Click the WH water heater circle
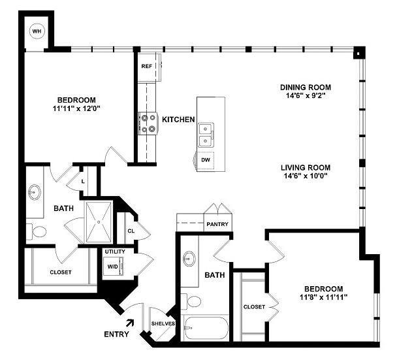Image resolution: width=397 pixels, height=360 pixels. click(36, 31)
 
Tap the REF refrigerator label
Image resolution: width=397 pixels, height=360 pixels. click(146, 67)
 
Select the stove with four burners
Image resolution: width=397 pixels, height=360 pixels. click(148, 123)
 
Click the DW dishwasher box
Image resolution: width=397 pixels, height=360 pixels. click(206, 159)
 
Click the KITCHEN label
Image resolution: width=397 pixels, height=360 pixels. click(178, 120)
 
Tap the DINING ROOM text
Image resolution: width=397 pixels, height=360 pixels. click(305, 87)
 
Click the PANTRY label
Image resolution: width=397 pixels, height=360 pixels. click(217, 223)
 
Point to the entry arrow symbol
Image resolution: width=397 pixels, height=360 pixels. click(130, 322)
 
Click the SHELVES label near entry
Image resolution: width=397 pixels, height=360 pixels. click(163, 323)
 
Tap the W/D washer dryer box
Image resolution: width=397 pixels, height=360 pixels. click(112, 267)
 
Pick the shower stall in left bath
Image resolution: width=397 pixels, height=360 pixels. click(99, 222)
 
